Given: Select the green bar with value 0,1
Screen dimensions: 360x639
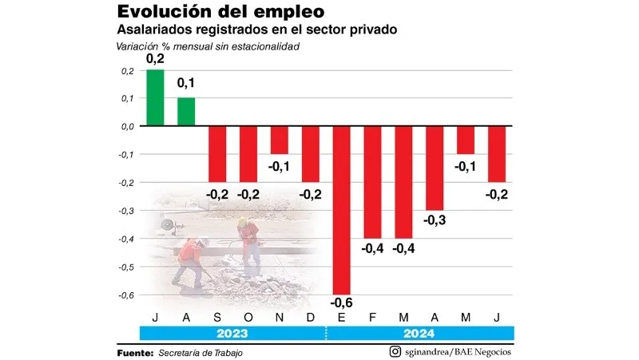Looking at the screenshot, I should (x=185, y=112).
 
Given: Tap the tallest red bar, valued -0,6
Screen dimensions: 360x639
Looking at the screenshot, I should (x=341, y=210).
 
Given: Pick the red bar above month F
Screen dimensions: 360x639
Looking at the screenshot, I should (x=372, y=182).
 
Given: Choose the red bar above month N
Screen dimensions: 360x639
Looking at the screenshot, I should (x=279, y=140).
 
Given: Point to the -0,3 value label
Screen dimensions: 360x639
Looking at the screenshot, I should (x=435, y=220).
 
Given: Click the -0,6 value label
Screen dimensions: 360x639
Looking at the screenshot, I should (x=341, y=303).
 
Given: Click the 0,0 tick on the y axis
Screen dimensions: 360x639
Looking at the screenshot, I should (x=125, y=126).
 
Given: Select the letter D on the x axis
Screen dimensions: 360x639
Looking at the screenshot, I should (x=310, y=316).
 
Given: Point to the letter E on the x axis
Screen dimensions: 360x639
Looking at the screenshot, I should (x=341, y=316).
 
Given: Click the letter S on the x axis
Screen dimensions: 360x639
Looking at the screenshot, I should (x=216, y=316).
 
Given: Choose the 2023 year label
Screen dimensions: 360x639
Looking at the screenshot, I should (x=232, y=334).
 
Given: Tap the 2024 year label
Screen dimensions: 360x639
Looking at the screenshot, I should (x=419, y=334).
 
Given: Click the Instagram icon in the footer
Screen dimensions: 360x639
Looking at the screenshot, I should (x=395, y=352).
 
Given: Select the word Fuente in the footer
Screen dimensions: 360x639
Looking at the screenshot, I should (x=135, y=352).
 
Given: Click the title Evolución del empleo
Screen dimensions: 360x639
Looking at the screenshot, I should (x=209, y=12).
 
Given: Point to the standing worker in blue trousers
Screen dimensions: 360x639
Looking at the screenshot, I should (x=249, y=243).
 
